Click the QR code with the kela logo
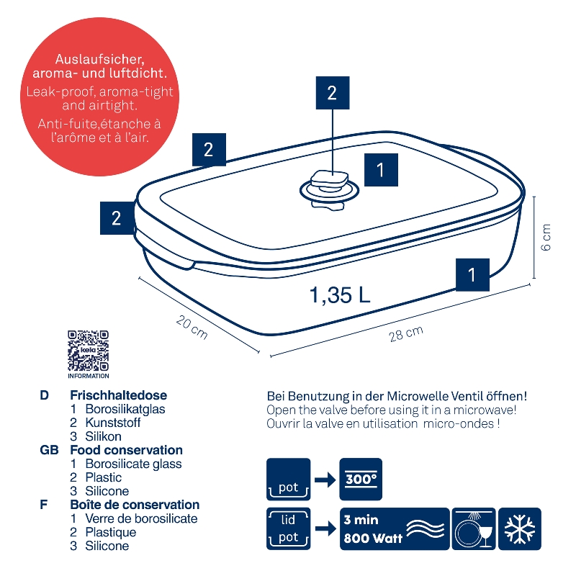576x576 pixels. point(88,351)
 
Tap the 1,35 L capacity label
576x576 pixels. point(340,294)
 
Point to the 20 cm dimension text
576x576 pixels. point(192,327)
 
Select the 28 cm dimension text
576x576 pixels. point(406,333)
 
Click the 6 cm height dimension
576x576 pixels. point(546,237)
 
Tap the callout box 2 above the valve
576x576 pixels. point(333,93)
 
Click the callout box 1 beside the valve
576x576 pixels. point(381,170)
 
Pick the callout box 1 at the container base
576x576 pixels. point(472,275)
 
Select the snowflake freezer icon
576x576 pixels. point(519,529)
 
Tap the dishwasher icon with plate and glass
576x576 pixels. point(474,529)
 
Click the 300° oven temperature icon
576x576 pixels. point(361,479)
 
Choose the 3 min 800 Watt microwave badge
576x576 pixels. point(395,529)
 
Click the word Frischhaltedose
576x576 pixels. point(118,395)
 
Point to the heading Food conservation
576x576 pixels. point(127,450)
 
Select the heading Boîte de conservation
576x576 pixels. point(135,505)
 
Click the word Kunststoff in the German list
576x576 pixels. point(113,423)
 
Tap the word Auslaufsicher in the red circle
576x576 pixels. point(99,60)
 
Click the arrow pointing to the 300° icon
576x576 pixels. point(325,480)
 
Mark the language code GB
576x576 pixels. point(49,450)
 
